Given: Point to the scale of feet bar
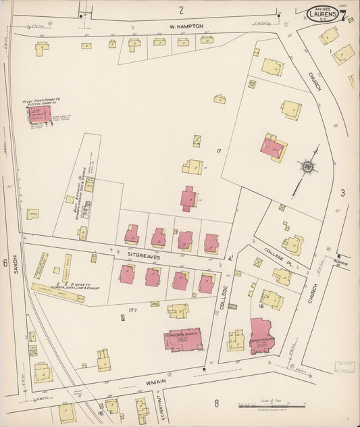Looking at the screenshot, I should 270,407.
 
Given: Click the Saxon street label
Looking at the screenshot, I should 15,268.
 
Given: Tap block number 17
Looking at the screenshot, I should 218,150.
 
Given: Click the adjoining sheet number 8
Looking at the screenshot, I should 216,404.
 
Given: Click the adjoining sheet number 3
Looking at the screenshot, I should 342,193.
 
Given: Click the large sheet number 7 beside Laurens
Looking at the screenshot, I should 344,16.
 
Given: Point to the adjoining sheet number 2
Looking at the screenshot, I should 181,9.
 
